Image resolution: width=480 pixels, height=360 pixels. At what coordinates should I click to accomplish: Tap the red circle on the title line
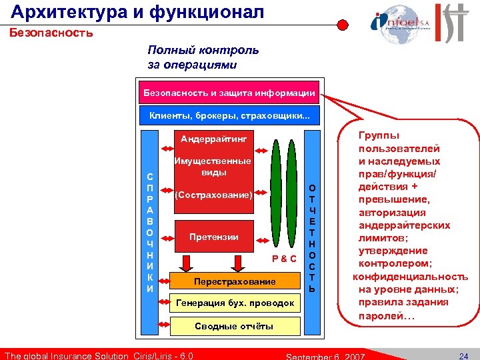click(342, 25)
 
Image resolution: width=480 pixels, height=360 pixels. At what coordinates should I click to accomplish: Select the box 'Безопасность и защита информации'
click(229, 93)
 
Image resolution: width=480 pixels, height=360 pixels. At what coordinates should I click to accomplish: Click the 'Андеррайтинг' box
click(213, 139)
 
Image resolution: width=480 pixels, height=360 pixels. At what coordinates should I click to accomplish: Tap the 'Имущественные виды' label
click(212, 167)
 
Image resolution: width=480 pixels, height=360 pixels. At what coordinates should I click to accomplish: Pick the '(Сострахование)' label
click(213, 196)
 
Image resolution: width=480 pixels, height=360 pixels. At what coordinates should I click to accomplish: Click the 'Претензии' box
click(213, 237)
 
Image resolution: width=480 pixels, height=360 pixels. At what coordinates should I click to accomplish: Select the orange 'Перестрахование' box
click(234, 281)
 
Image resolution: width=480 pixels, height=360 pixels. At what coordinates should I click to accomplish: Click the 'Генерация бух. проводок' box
click(234, 303)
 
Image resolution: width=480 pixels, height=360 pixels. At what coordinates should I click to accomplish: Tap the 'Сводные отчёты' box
click(234, 325)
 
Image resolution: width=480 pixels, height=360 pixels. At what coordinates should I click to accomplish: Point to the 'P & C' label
click(284, 258)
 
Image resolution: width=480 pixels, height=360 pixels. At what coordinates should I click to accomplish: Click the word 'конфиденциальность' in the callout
click(410, 277)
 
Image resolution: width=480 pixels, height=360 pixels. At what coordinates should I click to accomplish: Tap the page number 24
click(465, 355)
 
